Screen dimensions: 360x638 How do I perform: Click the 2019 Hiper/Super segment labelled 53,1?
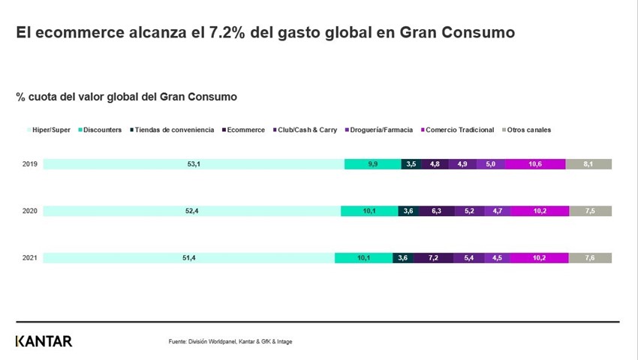pyautogui.click(x=193, y=164)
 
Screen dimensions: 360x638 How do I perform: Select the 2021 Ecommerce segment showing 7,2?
pyautogui.click(x=433, y=258)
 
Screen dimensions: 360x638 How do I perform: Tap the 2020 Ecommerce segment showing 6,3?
pyautogui.click(x=436, y=211)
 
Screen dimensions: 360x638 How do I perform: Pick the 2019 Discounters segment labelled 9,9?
pyautogui.click(x=372, y=164)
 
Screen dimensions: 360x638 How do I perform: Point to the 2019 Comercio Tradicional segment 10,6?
pyautogui.click(x=535, y=164)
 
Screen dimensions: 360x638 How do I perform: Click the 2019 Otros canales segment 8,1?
pyautogui.click(x=588, y=164)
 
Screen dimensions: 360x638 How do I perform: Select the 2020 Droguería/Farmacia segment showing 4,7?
pyautogui.click(x=497, y=211)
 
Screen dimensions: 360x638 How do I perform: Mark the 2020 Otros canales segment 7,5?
pyautogui.click(x=590, y=211)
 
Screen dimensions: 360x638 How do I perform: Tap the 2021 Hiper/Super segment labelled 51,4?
pyautogui.click(x=188, y=258)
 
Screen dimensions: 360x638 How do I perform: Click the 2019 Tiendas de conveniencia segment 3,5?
pyautogui.click(x=411, y=164)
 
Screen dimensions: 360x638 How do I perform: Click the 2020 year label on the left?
pyautogui.click(x=30, y=211)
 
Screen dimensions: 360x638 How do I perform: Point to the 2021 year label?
pyautogui.click(x=30, y=258)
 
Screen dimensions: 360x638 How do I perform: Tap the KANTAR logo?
pyautogui.click(x=44, y=341)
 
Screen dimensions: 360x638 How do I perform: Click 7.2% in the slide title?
pyautogui.click(x=206, y=33)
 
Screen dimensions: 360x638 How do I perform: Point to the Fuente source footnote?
pyautogui.click(x=230, y=342)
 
